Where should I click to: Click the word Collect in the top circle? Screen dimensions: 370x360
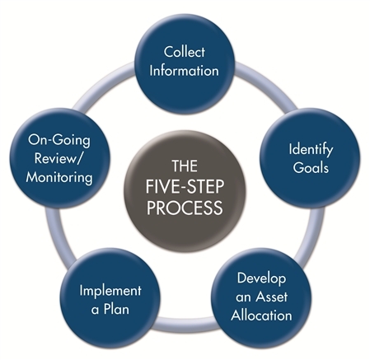point(185,52)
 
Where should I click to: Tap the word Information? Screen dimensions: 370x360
point(184,71)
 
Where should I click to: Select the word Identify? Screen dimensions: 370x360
point(311,150)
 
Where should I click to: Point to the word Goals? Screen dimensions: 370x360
point(311,167)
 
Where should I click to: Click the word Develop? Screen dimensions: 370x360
point(261,278)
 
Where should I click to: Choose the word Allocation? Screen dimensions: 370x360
point(261,315)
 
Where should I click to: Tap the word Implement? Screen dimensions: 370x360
point(110,292)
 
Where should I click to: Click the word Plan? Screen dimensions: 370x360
point(116,309)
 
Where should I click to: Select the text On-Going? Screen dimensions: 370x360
point(59,140)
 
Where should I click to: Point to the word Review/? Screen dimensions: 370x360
point(59,158)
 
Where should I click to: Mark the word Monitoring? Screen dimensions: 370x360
point(59,178)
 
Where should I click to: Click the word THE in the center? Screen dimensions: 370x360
point(185,166)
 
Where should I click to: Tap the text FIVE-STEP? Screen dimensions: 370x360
point(185,186)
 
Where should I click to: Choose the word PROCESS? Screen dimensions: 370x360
point(185,208)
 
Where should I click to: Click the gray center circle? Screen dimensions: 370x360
point(185,187)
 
